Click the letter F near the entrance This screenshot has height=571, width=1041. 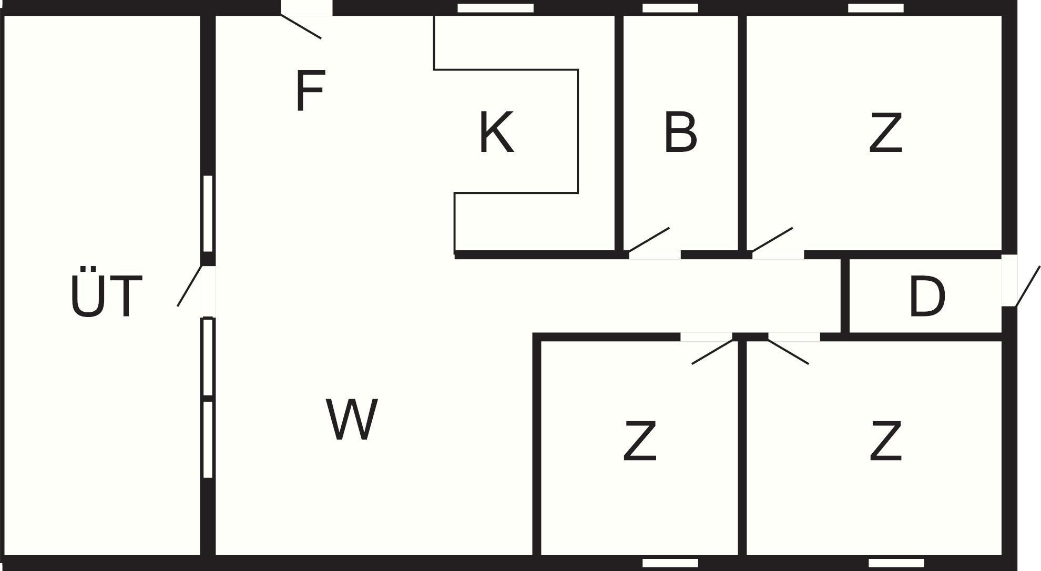309,91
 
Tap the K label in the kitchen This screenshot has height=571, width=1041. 496,132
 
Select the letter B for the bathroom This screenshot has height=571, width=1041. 680,132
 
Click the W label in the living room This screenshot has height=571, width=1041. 351,420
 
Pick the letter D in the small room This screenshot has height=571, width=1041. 926,297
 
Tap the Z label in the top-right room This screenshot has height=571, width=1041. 885,134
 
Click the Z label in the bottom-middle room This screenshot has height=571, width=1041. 639,441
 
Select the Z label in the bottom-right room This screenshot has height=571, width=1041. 885,441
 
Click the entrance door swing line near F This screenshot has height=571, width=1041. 301,27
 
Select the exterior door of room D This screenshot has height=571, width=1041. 1027,287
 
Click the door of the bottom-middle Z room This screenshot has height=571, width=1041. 712,351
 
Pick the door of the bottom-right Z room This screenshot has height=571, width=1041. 788,351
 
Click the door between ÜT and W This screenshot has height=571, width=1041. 190,286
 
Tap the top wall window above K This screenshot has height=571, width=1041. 495,8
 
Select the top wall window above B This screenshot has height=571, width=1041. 670,8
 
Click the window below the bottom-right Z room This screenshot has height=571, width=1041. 896,563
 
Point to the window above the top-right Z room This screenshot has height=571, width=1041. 875,8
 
